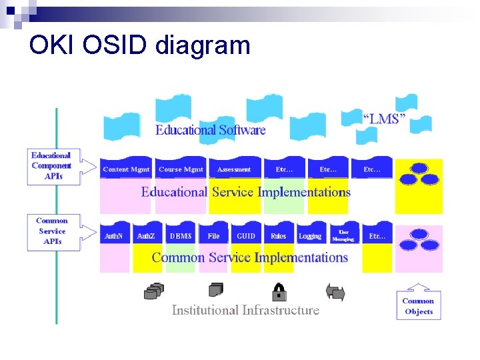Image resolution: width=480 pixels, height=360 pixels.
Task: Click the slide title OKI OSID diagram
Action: tap(140, 45)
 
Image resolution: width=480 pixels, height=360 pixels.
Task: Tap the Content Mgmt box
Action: tap(126, 169)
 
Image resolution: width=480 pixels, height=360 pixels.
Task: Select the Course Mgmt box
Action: tap(181, 169)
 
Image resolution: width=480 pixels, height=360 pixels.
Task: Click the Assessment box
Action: tap(234, 169)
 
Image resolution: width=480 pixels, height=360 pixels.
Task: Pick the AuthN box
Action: tap(114, 236)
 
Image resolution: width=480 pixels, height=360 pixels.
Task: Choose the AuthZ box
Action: tap(146, 236)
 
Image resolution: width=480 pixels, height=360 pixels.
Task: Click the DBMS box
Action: tap(180, 236)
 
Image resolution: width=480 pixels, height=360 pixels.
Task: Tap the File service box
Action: tap(213, 236)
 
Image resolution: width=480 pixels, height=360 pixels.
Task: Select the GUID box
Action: tap(245, 236)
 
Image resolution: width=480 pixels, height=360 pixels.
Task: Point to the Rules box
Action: tap(278, 236)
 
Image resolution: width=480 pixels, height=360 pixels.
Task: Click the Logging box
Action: tap(310, 236)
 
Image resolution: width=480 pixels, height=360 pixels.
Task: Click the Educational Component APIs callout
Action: tap(51, 166)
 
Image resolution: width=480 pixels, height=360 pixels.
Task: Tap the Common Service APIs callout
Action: tap(52, 231)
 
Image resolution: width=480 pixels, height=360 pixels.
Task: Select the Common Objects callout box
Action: tap(418, 306)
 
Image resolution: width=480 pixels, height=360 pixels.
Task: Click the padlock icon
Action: tap(279, 291)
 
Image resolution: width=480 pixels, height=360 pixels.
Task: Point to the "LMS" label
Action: tap(384, 119)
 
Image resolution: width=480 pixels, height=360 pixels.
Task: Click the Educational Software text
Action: tap(210, 130)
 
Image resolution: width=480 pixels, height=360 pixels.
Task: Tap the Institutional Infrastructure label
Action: tap(245, 310)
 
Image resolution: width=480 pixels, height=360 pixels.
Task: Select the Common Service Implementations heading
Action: tap(250, 257)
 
